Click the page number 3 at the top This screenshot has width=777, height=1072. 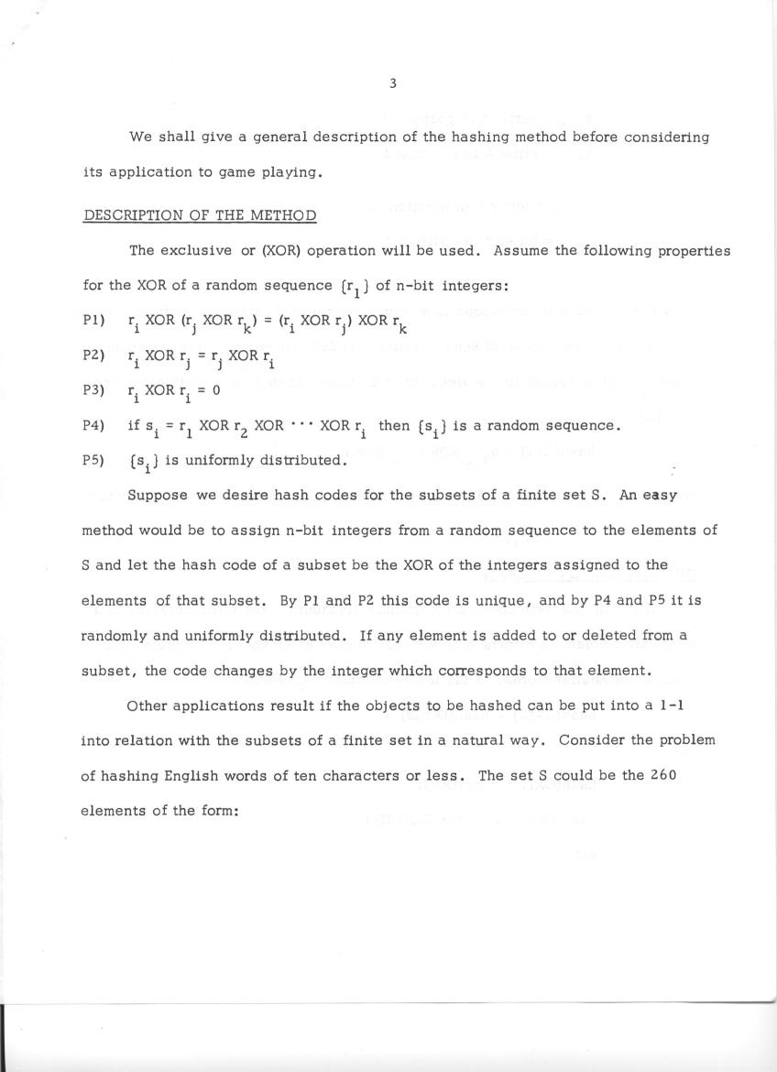pyautogui.click(x=392, y=83)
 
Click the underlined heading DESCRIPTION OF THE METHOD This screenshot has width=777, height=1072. pyautogui.click(x=200, y=216)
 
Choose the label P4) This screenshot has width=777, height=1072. pyautogui.click(x=93, y=425)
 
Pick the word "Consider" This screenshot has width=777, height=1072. pyautogui.click(x=588, y=740)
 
